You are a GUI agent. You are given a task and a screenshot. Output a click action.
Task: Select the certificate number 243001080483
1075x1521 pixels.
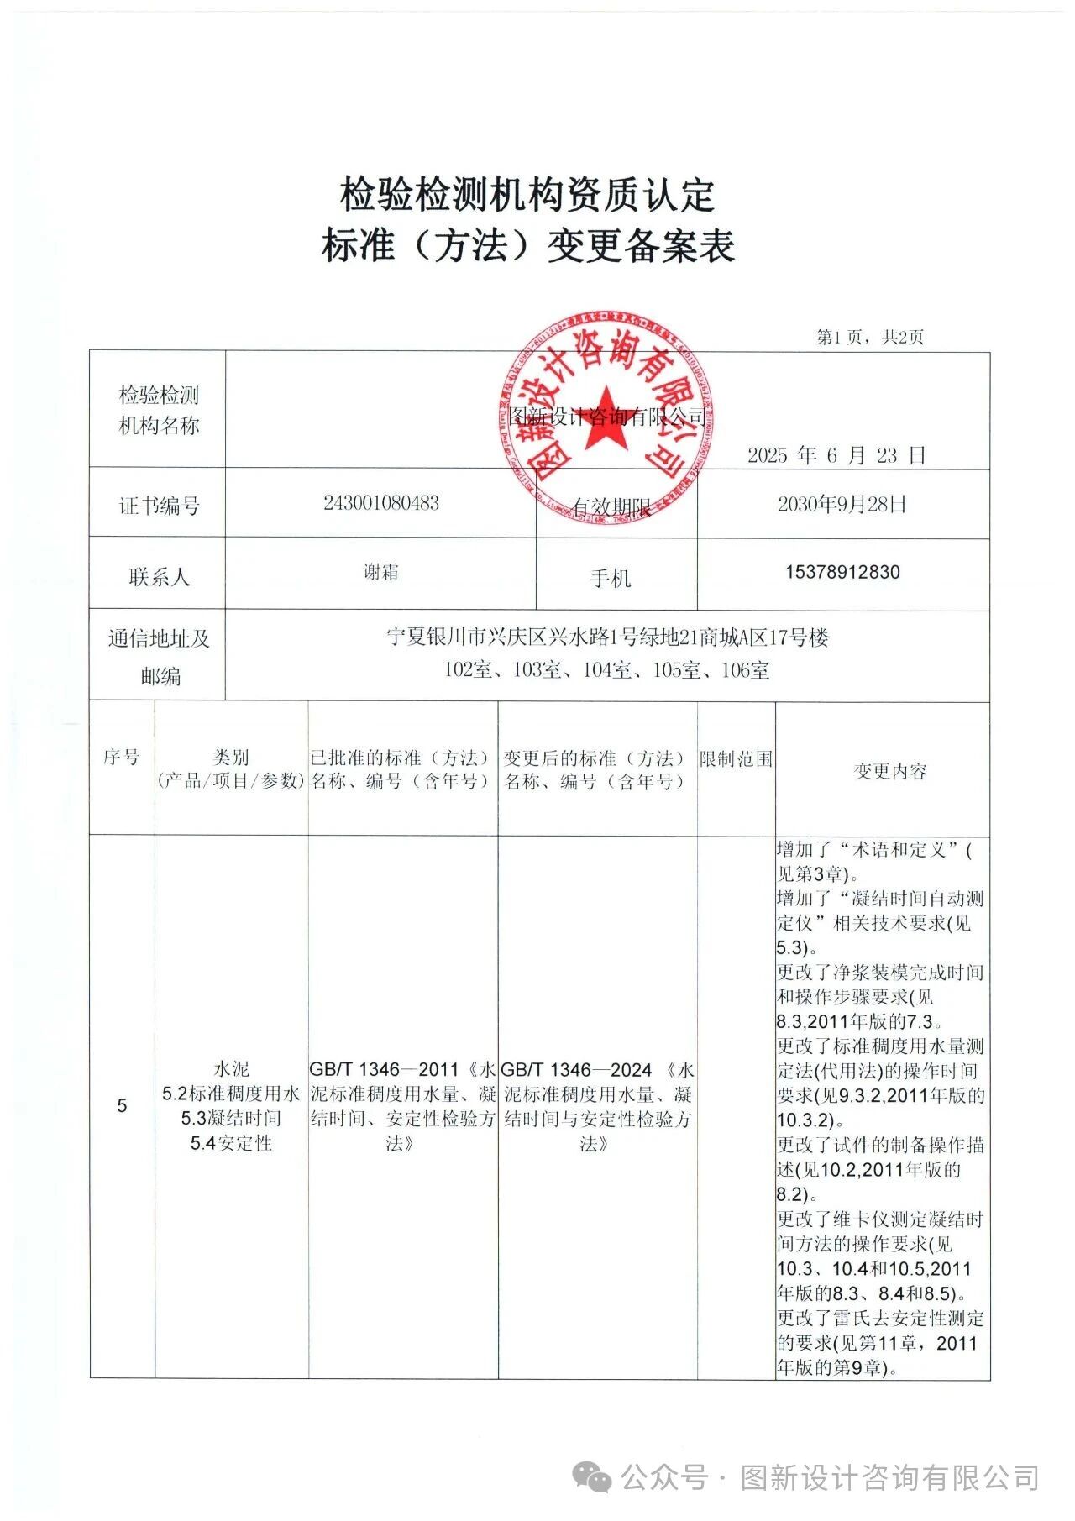381,503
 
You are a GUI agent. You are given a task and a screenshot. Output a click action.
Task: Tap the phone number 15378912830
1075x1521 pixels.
842,572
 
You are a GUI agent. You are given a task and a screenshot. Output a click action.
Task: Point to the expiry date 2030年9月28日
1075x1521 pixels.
842,504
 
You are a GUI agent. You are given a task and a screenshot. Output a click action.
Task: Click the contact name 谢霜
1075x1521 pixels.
380,572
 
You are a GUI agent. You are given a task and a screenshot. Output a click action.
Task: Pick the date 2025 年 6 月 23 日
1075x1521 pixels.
836,455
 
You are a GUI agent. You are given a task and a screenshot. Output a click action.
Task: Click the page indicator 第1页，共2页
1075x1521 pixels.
870,337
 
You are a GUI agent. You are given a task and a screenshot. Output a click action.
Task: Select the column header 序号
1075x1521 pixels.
122,757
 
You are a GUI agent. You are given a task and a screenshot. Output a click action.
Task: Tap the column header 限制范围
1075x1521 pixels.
736,758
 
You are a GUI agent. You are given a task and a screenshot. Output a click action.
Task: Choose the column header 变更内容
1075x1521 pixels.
890,771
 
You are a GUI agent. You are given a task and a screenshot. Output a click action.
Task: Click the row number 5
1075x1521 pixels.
123,1105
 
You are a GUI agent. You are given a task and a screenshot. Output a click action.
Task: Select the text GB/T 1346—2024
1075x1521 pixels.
577,1069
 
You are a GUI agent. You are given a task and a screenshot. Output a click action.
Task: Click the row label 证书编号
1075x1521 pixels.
159,506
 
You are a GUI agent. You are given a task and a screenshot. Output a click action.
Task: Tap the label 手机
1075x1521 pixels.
611,578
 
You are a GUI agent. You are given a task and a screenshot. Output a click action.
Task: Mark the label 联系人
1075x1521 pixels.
159,577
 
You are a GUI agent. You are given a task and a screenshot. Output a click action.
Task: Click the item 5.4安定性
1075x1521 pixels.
231,1142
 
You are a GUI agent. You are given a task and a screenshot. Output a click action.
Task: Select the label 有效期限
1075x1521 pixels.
611,507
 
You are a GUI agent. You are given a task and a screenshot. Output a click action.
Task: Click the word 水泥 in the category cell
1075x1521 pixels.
231,1069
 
